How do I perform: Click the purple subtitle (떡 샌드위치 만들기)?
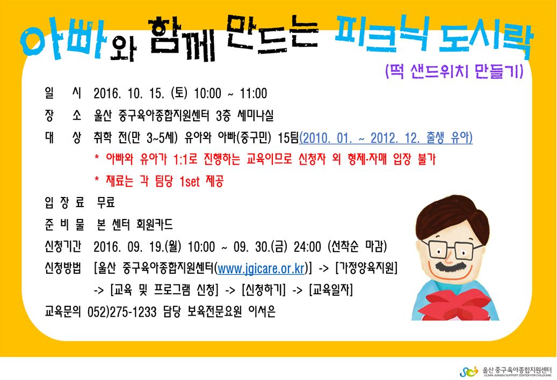click(454, 71)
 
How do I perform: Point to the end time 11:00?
click(254, 94)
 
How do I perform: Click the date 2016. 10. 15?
click(129, 94)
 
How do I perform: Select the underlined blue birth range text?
click(386, 137)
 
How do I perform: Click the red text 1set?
click(190, 181)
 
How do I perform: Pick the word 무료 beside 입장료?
click(106, 202)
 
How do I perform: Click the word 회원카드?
click(155, 224)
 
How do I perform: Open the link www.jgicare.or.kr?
click(261, 268)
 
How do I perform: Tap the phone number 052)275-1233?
click(122, 312)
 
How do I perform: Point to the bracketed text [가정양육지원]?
click(366, 268)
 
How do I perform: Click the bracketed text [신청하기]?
click(263, 290)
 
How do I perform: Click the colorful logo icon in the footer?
click(468, 371)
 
